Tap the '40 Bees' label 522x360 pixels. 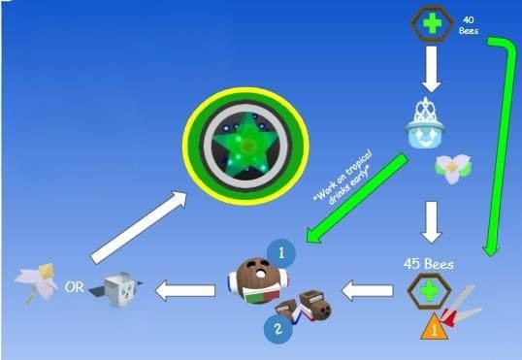[x=469, y=24]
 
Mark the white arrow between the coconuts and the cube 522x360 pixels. [x=187, y=288]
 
